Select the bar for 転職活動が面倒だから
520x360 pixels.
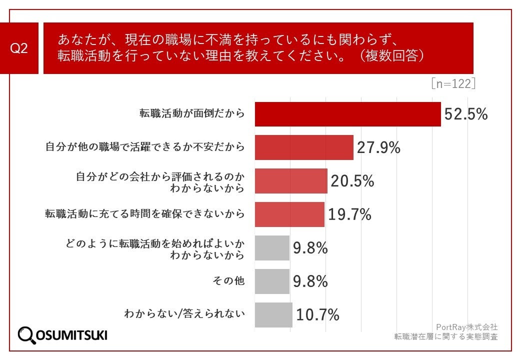pyautogui.click(x=347, y=114)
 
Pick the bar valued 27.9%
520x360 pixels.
pyautogui.click(x=304, y=147)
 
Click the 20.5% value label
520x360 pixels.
pyautogui.click(x=352, y=181)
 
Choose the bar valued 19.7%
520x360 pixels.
pyautogui.click(x=289, y=214)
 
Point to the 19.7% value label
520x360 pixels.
pyautogui.click(x=349, y=214)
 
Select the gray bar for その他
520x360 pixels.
pyautogui.click(x=272, y=281)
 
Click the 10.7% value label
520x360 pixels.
pyautogui.click(x=318, y=314)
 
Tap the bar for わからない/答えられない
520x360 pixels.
pyautogui.click(x=273, y=314)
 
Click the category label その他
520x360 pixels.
pyautogui.click(x=228, y=281)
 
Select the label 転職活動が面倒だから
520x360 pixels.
pyautogui.click(x=192, y=114)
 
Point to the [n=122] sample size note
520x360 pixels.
pyautogui.click(x=453, y=84)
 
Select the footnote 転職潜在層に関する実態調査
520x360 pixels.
pyautogui.click(x=446, y=336)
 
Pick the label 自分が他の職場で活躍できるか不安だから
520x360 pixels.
pyautogui.click(x=145, y=147)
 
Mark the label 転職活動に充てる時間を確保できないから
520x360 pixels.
pyautogui.click(x=145, y=214)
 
